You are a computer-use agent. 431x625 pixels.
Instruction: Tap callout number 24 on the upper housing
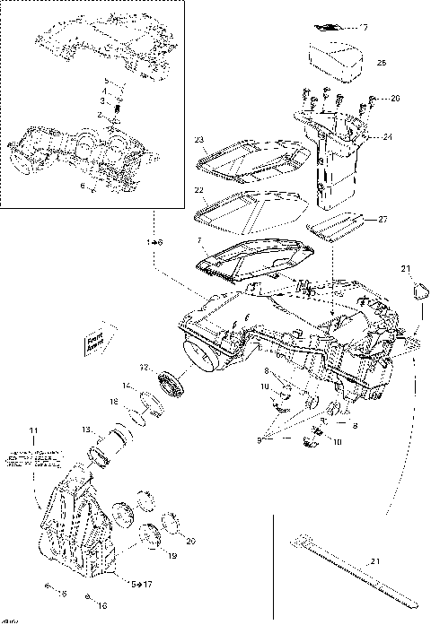coord(387,137)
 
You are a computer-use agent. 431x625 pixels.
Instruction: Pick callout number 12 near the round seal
coord(143,367)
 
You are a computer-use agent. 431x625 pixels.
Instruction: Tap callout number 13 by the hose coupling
coord(86,430)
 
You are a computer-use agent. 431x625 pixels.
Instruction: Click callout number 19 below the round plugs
coord(172,556)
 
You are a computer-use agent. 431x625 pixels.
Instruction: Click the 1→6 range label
coord(154,243)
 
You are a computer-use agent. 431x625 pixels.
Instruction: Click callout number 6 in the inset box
coord(83,187)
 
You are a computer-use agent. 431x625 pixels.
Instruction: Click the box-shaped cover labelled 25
coord(337,60)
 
